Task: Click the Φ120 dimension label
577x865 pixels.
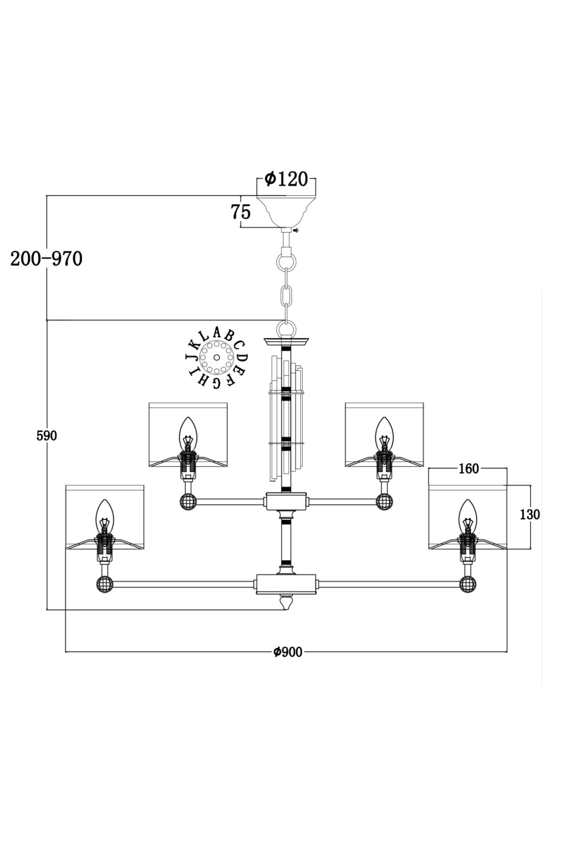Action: [x=286, y=179]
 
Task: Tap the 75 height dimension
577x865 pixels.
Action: [x=241, y=212]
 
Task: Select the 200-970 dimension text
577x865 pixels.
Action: [x=47, y=259]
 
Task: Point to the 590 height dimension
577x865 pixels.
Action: [x=47, y=436]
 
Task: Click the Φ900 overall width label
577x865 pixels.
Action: [x=288, y=652]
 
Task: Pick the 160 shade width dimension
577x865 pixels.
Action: [x=469, y=469]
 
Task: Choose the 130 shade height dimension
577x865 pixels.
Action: [x=530, y=514]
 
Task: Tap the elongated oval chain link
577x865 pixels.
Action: [x=286, y=295]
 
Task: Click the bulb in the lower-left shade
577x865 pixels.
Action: [x=104, y=517]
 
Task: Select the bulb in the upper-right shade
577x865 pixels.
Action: [x=384, y=434]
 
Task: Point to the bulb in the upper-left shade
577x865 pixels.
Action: [x=188, y=434]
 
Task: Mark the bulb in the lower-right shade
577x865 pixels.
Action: [x=468, y=517]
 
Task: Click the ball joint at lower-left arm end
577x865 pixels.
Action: [x=105, y=584]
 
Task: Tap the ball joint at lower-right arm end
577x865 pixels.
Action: [x=468, y=584]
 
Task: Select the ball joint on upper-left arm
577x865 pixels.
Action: [x=188, y=502]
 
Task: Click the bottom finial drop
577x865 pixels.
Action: [x=286, y=603]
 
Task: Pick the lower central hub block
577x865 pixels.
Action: [x=286, y=584]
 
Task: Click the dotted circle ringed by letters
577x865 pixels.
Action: [x=216, y=358]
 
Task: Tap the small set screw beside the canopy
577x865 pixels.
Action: [x=296, y=231]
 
